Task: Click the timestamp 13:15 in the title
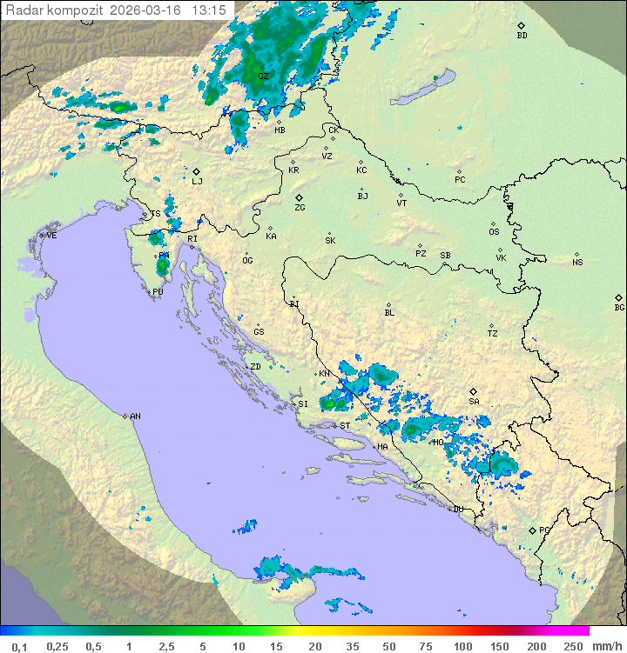point(210,10)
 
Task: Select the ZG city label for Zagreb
point(300,208)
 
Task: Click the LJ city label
point(197,181)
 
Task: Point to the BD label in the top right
point(522,36)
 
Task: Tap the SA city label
point(474,401)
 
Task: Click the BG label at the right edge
point(619,307)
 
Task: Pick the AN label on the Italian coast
point(135,416)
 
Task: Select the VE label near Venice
point(51,236)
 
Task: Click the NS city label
point(577,262)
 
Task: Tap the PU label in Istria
point(158,292)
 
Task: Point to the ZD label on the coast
point(255,367)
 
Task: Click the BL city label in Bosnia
point(389,312)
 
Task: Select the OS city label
point(494,232)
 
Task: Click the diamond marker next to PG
point(532,530)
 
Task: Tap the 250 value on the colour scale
point(573,646)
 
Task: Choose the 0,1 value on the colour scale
point(19,646)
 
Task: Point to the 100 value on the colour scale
point(462,646)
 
